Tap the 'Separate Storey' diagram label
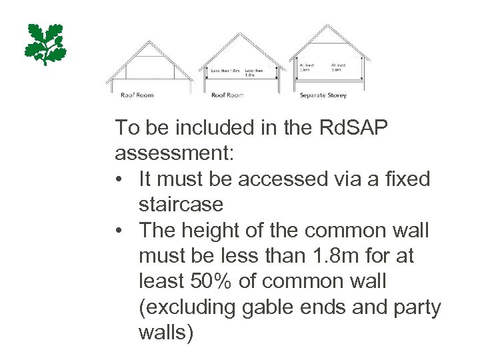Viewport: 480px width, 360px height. pos(323,95)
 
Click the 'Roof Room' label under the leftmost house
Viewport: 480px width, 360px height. pos(137,95)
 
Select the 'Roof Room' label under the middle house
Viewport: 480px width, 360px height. pos(227,95)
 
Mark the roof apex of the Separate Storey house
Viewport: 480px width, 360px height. pos(327,25)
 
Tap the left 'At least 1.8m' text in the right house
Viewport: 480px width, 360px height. pos(305,67)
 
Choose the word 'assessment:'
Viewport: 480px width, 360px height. pos(175,154)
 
